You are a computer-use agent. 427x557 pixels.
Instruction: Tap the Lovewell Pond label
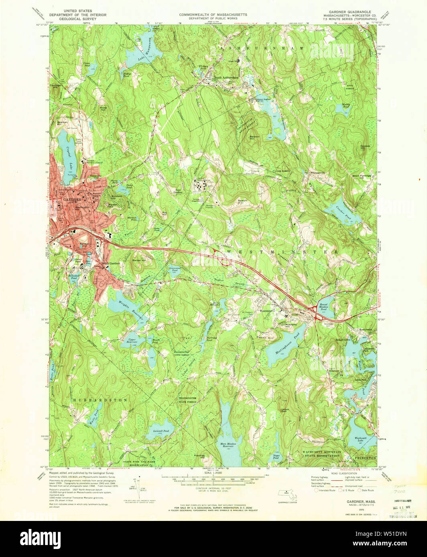coord(161,431)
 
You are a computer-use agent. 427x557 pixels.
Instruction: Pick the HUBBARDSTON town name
coord(100,400)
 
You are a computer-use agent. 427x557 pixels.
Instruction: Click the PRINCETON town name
coord(365,458)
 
